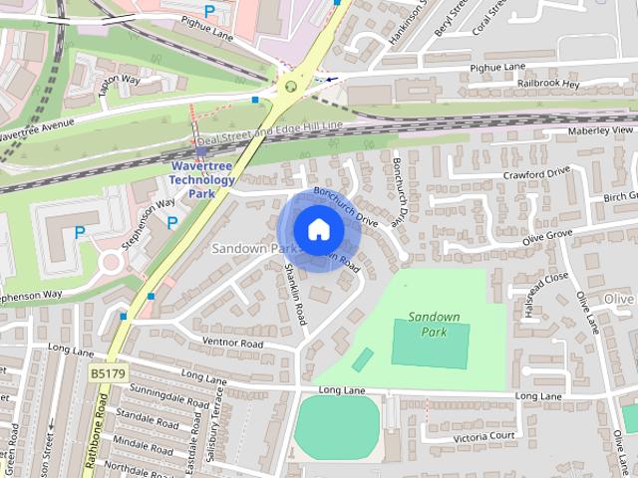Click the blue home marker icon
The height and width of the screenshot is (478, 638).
click(x=318, y=229)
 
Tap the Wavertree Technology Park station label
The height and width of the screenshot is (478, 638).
click(x=202, y=179)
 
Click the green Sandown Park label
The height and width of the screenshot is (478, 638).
click(x=434, y=324)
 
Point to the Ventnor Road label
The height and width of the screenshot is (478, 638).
click(x=231, y=344)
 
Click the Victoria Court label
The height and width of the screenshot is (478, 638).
click(x=484, y=436)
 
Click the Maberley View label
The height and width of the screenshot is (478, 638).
click(x=601, y=130)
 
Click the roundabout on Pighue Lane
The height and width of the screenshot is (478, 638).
click(x=290, y=86)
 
